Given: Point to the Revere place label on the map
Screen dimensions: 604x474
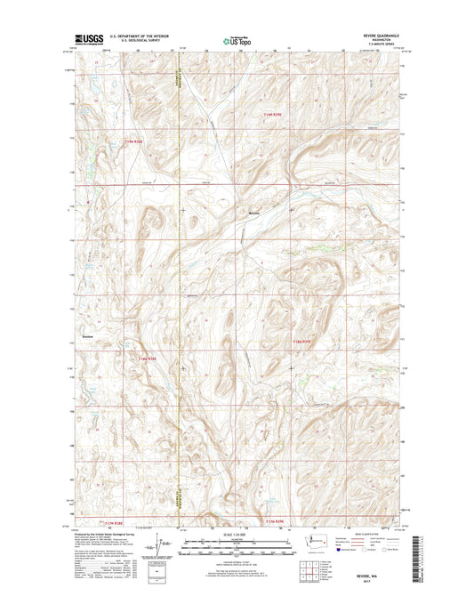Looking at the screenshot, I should (x=255, y=213).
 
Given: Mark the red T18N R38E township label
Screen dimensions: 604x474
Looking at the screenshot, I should (x=149, y=358).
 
